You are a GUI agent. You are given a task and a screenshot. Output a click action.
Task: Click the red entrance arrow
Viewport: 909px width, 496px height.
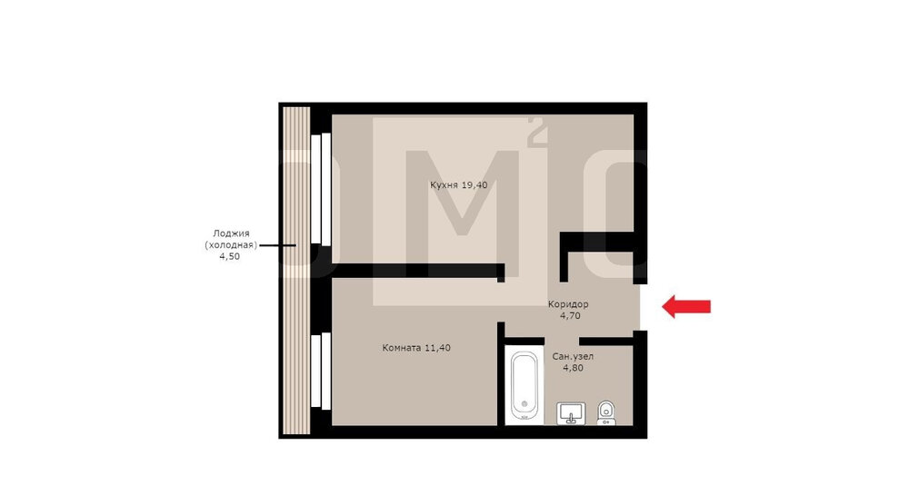pyautogui.click(x=686, y=306)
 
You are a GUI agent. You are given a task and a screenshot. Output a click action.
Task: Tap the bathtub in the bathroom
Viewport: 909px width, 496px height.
pyautogui.click(x=524, y=385)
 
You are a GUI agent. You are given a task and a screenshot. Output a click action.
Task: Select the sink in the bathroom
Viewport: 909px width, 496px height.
pyautogui.click(x=571, y=413)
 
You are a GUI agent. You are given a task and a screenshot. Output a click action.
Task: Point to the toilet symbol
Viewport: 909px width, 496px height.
pyautogui.click(x=606, y=412)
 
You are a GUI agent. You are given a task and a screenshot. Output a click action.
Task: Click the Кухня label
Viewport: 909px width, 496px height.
pyautogui.click(x=445, y=184)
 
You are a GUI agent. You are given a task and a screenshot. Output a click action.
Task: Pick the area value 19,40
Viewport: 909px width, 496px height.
pyautogui.click(x=474, y=184)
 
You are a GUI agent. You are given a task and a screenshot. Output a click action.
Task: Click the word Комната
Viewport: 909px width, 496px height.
pyautogui.click(x=402, y=348)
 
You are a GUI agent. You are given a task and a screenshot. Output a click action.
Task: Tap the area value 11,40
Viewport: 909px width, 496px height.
pyautogui.click(x=438, y=348)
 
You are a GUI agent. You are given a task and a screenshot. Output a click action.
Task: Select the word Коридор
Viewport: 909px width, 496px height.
pyautogui.click(x=569, y=304)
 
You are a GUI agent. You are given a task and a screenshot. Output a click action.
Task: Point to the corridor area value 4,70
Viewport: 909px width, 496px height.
pyautogui.click(x=570, y=316)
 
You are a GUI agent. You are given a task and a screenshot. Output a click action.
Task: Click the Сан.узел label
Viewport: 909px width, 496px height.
pyautogui.click(x=573, y=356)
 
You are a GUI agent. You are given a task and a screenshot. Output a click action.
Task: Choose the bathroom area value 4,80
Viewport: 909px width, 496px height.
pyautogui.click(x=574, y=368)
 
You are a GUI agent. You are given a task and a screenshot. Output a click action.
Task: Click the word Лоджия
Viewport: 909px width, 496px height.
pyautogui.click(x=231, y=233)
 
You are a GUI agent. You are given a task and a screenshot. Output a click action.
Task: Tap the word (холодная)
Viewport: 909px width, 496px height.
pyautogui.click(x=231, y=245)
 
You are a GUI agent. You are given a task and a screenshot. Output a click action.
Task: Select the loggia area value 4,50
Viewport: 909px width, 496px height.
pyautogui.click(x=230, y=257)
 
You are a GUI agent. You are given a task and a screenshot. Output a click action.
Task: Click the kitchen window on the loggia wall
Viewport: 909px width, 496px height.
pyautogui.click(x=321, y=188)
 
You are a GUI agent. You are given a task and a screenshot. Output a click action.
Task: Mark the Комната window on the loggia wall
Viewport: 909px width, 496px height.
pyautogui.click(x=321, y=370)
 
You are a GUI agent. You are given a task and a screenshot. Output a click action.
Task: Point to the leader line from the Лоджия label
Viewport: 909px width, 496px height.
pyautogui.click(x=277, y=245)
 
